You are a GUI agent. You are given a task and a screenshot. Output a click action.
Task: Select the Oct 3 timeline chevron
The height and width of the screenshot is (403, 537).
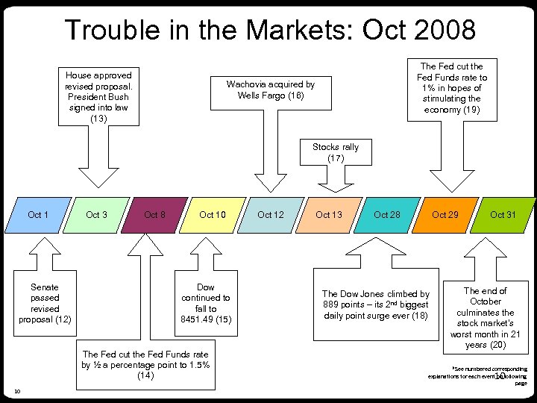(x=96, y=215)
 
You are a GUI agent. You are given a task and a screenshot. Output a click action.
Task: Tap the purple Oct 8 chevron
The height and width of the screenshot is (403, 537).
(x=154, y=215)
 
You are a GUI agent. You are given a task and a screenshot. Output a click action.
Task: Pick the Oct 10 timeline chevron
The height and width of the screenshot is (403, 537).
(x=213, y=215)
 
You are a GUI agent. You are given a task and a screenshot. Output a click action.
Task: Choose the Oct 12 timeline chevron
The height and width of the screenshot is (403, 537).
(x=270, y=215)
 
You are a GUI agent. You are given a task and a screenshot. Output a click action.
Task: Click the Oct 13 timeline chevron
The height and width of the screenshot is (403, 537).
(x=329, y=215)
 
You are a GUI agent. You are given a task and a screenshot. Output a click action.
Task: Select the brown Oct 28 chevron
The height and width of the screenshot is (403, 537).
(x=387, y=215)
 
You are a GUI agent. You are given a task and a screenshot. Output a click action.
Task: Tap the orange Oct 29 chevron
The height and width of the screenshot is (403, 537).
(x=445, y=215)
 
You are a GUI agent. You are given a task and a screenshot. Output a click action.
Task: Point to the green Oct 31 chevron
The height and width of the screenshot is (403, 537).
(x=503, y=215)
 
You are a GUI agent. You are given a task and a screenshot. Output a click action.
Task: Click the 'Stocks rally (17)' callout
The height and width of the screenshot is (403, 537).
(x=336, y=153)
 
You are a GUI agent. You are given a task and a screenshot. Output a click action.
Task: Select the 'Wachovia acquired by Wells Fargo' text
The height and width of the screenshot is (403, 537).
(x=271, y=90)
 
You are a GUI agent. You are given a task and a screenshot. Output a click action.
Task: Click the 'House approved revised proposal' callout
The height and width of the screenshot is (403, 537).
(x=98, y=97)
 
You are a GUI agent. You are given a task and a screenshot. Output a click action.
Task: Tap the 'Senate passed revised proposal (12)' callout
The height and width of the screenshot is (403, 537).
(x=45, y=303)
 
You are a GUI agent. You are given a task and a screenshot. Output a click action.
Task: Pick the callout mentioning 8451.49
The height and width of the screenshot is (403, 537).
(x=206, y=303)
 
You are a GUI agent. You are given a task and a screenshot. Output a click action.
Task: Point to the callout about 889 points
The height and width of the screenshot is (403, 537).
(x=376, y=304)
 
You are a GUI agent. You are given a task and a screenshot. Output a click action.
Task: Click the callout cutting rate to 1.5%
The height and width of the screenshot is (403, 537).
(x=145, y=365)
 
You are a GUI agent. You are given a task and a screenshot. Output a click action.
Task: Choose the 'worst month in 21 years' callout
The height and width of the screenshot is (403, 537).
(x=486, y=318)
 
